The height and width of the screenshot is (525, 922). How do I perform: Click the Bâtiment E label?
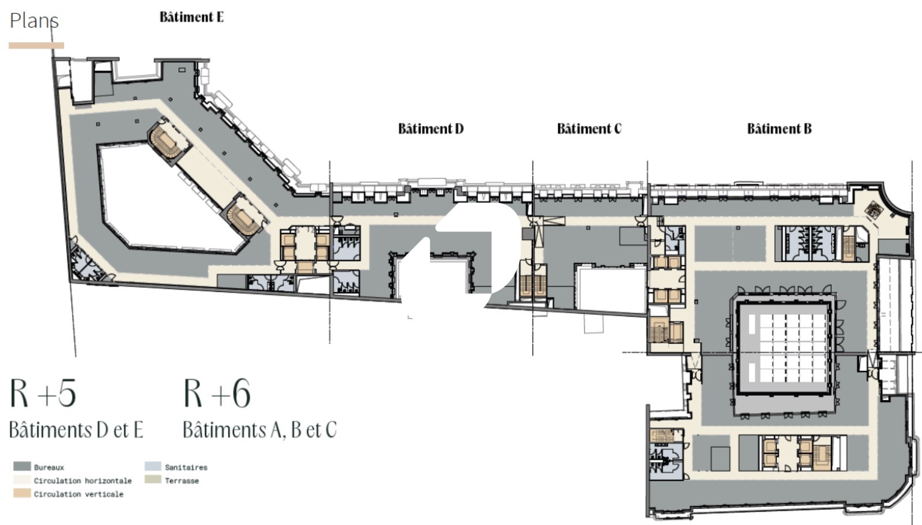tap(191, 17)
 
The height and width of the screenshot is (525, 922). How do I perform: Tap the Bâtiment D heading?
tap(430, 129)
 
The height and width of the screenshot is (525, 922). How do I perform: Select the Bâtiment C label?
tap(589, 129)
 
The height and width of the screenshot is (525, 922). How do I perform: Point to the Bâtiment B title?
tap(779, 129)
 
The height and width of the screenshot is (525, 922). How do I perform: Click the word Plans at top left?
tap(34, 21)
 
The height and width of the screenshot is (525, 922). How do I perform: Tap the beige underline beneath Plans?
tap(36, 46)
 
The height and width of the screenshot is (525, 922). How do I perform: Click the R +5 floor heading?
tap(43, 393)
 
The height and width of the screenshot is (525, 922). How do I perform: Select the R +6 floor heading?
tap(217, 393)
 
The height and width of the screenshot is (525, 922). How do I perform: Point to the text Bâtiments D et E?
tap(76, 430)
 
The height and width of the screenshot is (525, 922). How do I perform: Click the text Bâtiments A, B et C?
tap(260, 430)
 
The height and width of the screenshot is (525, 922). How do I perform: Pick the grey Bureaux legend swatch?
tap(22, 467)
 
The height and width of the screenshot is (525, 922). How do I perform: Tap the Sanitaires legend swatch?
tap(153, 467)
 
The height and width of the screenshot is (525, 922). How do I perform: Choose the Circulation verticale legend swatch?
tap(22, 493)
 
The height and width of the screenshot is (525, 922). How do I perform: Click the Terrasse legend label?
tap(182, 481)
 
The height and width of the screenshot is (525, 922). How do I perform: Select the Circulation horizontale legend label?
tap(83, 481)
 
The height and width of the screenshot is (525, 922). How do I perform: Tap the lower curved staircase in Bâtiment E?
tap(243, 216)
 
